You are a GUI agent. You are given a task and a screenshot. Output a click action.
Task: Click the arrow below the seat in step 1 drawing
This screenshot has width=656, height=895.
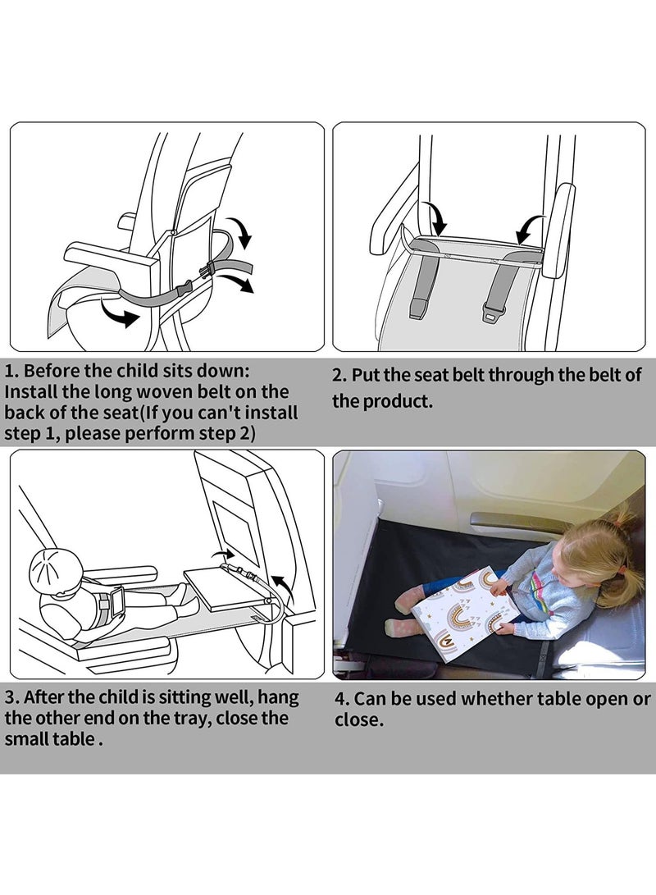[x=119, y=317]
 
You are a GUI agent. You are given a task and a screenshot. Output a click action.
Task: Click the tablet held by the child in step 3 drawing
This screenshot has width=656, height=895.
[x=117, y=600]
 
